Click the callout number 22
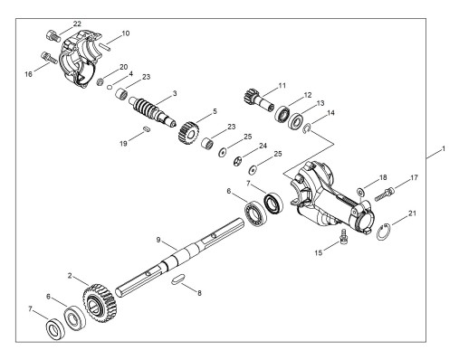(77, 24)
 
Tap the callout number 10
(126, 33)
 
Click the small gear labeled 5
(189, 132)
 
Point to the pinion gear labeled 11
(258, 99)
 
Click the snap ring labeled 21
(384, 232)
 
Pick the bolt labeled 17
(385, 194)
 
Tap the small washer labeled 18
(360, 192)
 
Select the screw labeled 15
(343, 236)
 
